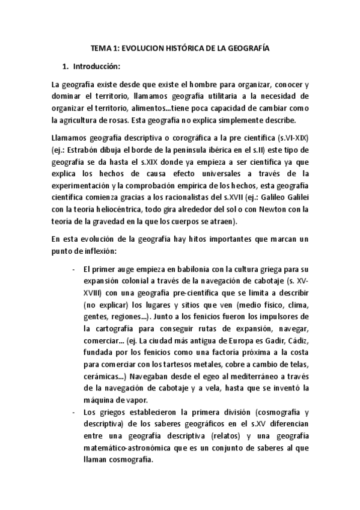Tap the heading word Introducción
click(x=96, y=66)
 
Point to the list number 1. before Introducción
click(x=66, y=66)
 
